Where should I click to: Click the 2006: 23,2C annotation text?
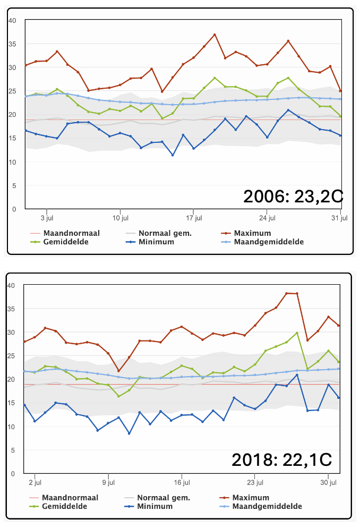point(293,197)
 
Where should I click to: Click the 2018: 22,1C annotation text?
point(282,459)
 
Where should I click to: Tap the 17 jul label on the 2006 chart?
point(194,218)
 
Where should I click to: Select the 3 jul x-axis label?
point(47,218)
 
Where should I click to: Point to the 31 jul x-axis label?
point(339,218)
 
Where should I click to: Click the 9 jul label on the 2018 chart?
point(108,482)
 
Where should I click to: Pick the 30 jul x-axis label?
point(328,482)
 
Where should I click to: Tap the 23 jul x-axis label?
point(255,482)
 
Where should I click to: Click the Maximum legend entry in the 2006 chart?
point(246,233)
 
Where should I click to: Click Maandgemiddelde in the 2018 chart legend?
point(261,506)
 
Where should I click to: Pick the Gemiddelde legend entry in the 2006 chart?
point(59,242)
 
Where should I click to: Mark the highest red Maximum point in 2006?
point(215,35)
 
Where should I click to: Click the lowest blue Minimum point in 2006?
point(173,155)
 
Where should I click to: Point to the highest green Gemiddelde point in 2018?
point(297,333)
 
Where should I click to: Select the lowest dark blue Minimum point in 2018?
point(129,433)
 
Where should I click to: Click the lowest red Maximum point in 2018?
point(118,371)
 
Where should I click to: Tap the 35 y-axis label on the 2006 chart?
point(12,44)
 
